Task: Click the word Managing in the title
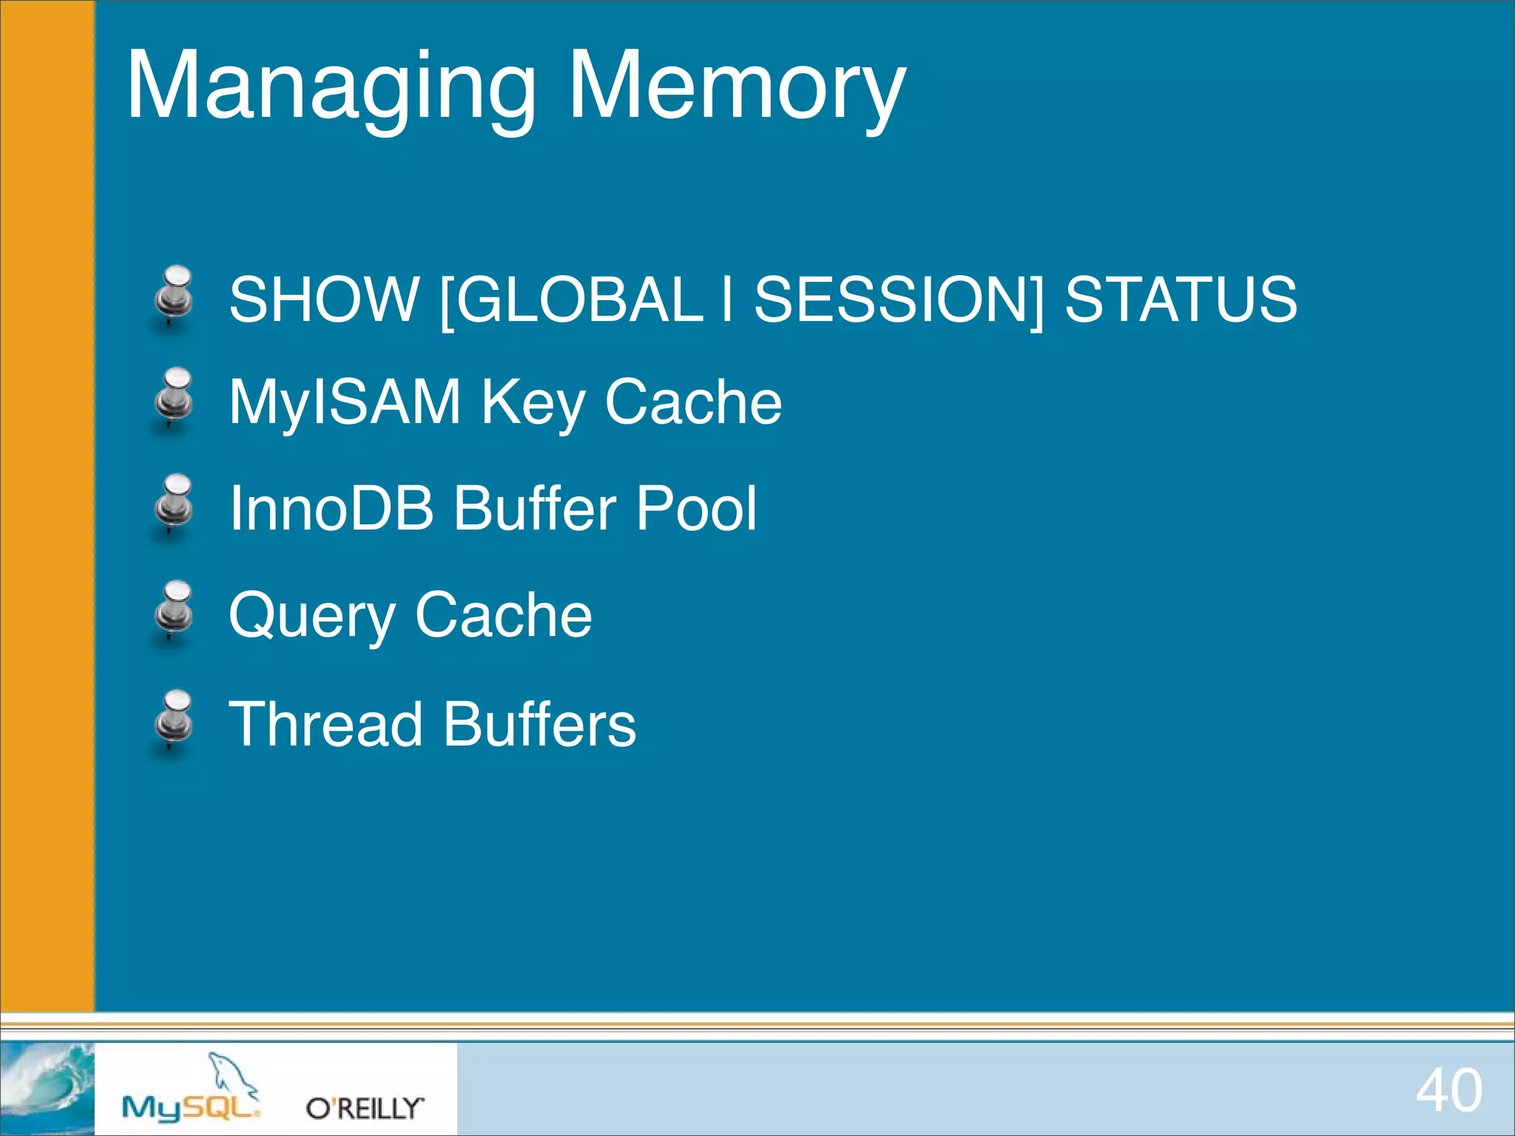(x=330, y=87)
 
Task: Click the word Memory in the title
(x=736, y=87)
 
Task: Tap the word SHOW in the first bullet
(x=323, y=299)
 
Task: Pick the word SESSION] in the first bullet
(x=899, y=299)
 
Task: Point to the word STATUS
(x=1181, y=299)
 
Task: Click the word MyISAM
(x=345, y=402)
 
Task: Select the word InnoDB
(x=331, y=508)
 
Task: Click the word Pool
(x=696, y=508)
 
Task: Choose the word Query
(x=311, y=616)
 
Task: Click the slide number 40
(x=1448, y=1090)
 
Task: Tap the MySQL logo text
(x=190, y=1107)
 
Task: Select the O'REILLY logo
(x=365, y=1108)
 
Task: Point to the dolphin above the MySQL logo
(x=231, y=1073)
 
